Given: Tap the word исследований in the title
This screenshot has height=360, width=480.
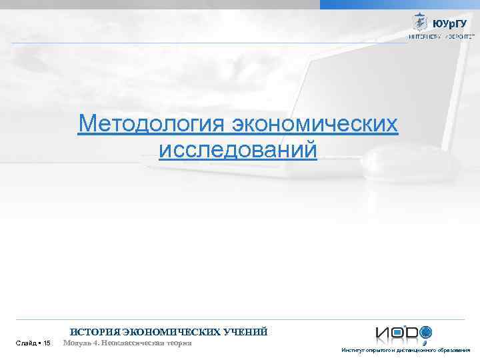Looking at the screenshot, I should click(x=238, y=149).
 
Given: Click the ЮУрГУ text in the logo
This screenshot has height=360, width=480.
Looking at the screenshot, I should click(x=449, y=23).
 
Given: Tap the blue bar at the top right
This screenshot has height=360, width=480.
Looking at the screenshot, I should click(x=399, y=4).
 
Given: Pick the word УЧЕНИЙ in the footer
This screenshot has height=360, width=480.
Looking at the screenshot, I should click(x=247, y=331).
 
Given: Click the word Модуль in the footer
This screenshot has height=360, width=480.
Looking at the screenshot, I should click(x=78, y=343).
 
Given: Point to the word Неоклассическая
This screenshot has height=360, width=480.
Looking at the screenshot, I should click(x=133, y=343).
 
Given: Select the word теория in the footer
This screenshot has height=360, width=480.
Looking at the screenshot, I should click(x=179, y=343).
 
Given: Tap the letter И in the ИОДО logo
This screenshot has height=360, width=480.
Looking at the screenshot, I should click(x=382, y=333).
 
